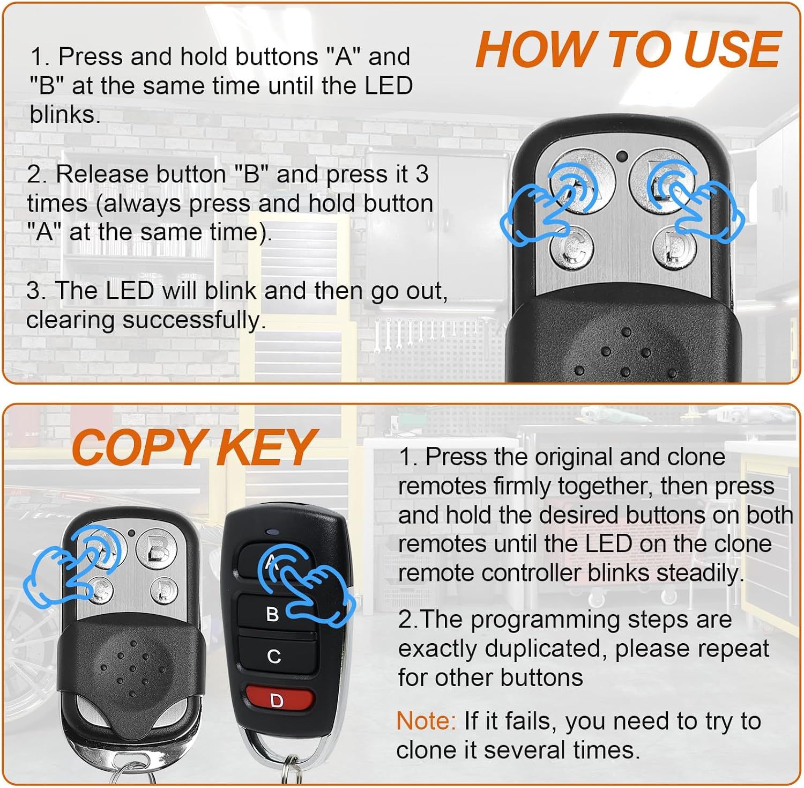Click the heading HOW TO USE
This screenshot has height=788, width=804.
(628, 49)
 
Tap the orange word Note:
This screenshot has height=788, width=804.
(426, 721)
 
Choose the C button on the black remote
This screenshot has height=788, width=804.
(274, 656)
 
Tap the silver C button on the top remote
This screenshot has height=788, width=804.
(572, 248)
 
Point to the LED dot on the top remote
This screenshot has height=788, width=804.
(622, 157)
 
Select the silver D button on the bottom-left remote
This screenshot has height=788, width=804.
(165, 591)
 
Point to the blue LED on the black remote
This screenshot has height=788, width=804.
(272, 532)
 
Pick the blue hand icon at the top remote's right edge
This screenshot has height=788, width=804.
(697, 201)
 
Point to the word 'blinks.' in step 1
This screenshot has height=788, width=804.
(65, 114)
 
